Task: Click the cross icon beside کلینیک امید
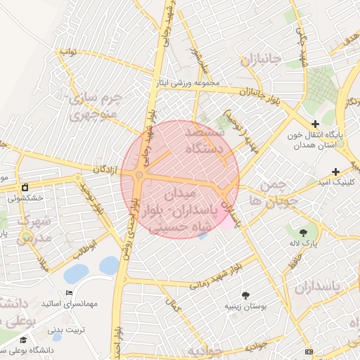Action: coord(336,171)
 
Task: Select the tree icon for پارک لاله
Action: coord(303,232)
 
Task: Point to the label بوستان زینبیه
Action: coord(244,307)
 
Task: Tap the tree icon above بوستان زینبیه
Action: coord(245,295)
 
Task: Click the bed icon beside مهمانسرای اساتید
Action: coord(69,292)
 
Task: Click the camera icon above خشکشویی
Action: coord(25,187)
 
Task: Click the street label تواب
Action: coord(68,51)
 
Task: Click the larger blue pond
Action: coord(76,272)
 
